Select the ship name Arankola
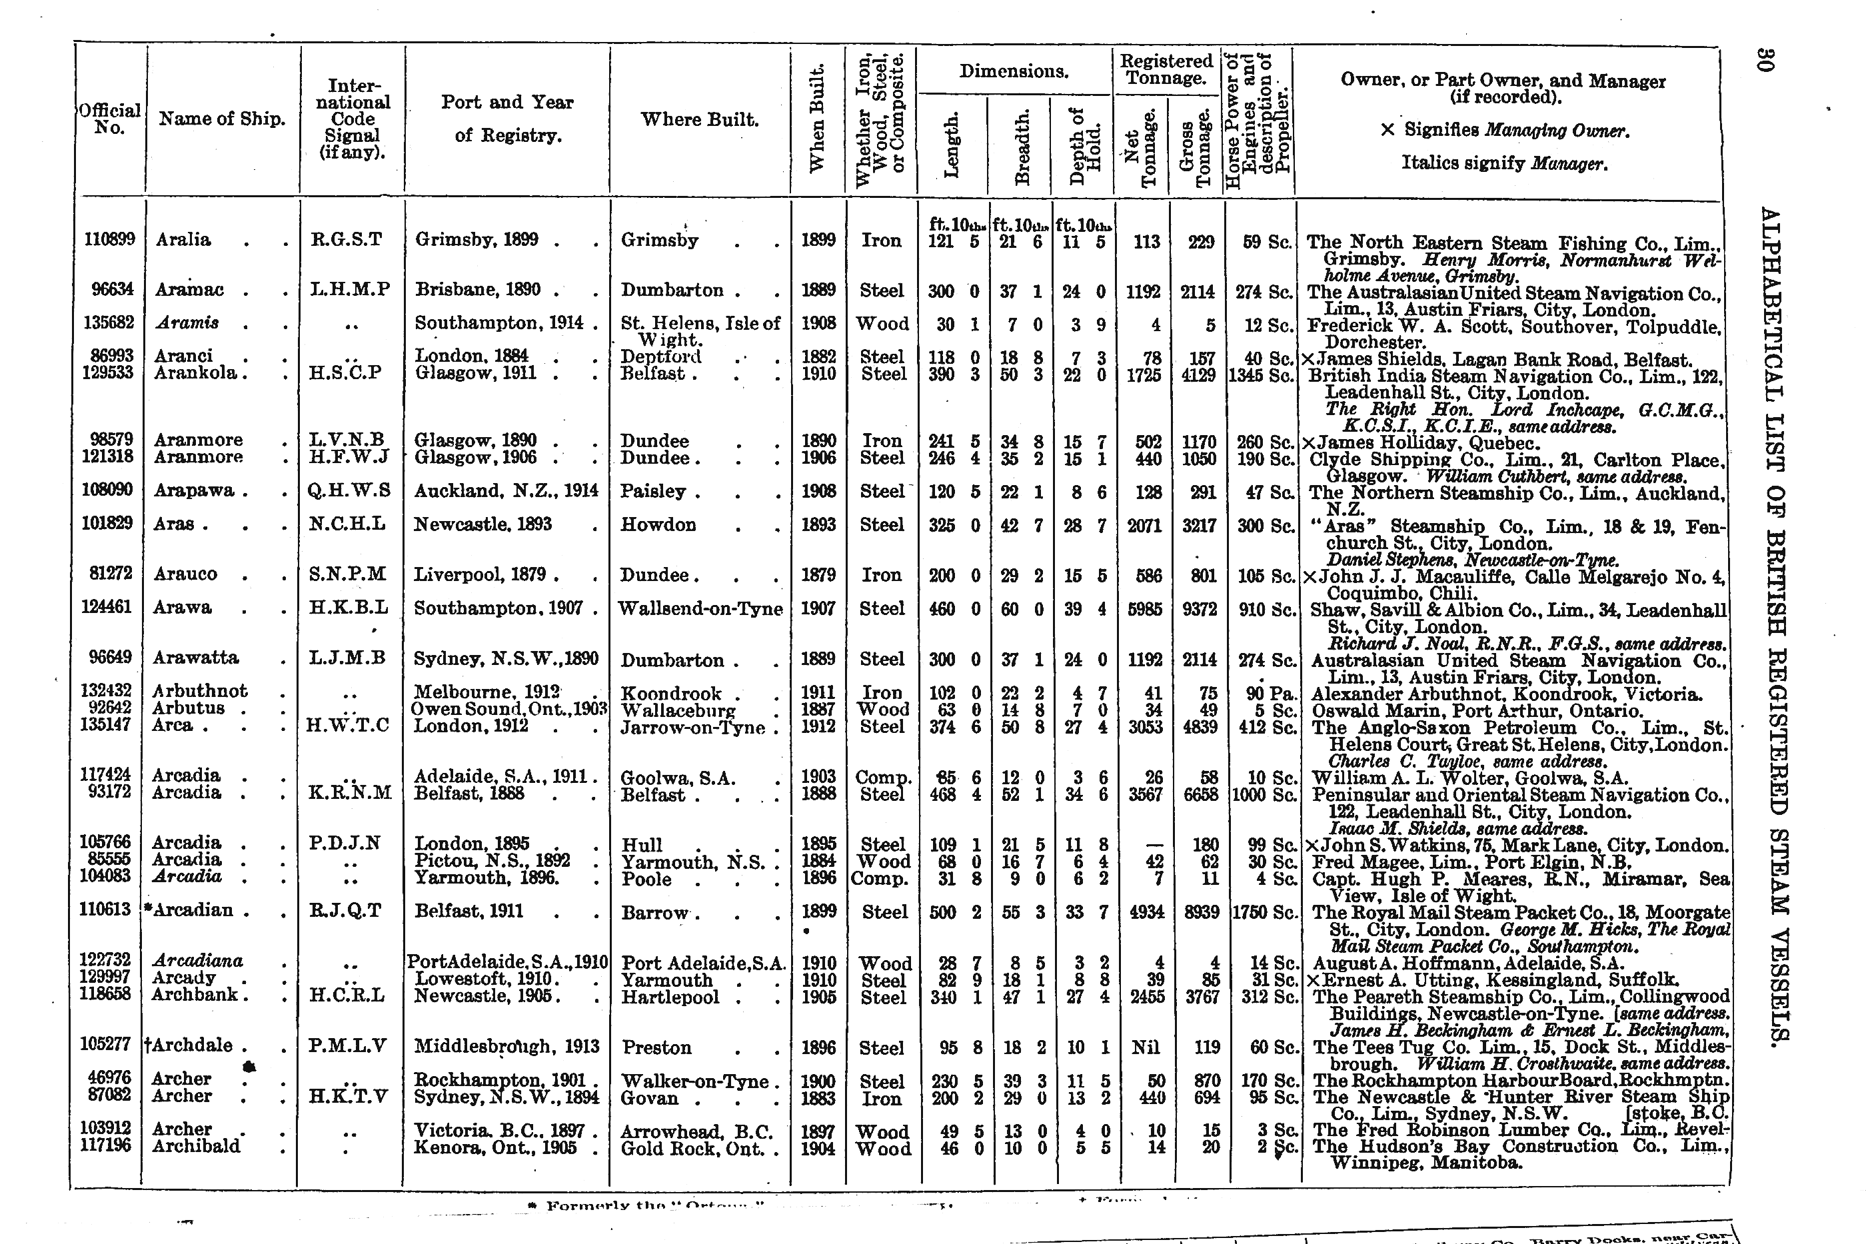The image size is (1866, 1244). tap(196, 373)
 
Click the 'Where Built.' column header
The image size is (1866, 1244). tap(699, 120)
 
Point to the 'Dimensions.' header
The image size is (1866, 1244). tap(1013, 71)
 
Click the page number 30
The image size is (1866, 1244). tap(1763, 59)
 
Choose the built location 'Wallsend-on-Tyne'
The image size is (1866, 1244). tap(700, 608)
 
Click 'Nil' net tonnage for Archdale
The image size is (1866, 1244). tap(1145, 1047)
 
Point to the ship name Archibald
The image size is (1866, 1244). tap(196, 1147)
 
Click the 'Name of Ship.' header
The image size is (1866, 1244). tap(221, 119)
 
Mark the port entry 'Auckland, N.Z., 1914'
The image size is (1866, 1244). tap(505, 491)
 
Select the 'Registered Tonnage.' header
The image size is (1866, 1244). tap(1166, 70)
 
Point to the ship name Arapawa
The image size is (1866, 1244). tap(195, 491)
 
